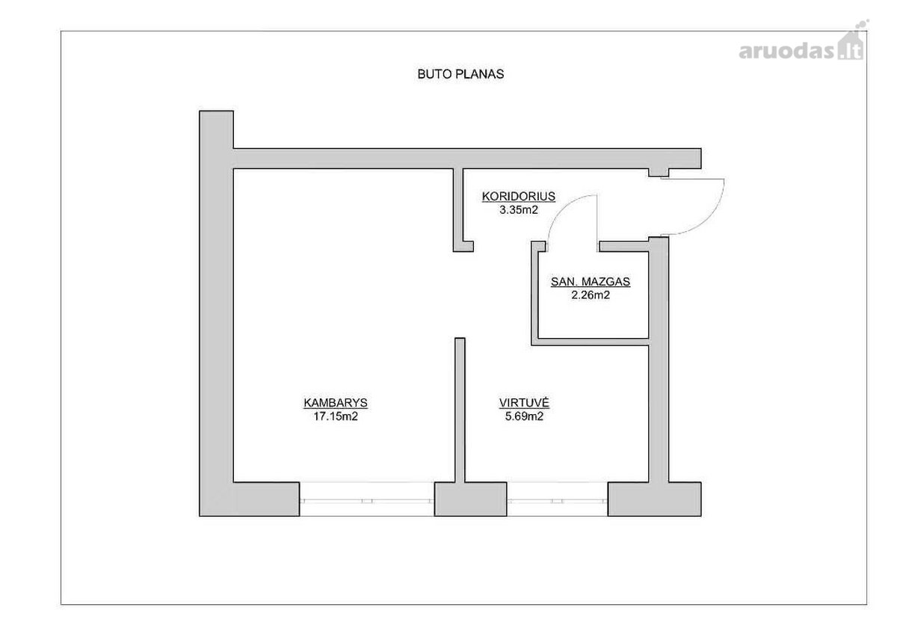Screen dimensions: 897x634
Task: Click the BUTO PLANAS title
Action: [460, 74]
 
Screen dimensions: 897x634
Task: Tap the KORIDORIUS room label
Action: [519, 196]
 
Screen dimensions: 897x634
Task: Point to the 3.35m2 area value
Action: [519, 210]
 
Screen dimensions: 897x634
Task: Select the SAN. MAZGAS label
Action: [591, 282]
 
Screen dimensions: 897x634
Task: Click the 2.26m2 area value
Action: [591, 295]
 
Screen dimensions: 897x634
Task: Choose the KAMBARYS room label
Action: [336, 402]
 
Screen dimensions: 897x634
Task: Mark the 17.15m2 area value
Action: [336, 416]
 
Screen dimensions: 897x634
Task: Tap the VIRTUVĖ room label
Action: [524, 402]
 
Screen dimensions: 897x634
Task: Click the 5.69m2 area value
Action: [524, 416]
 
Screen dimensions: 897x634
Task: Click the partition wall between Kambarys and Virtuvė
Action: [460, 410]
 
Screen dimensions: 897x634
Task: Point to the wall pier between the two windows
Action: [470, 499]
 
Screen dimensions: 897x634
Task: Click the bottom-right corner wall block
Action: [654, 499]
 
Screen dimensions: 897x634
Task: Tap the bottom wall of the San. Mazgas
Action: [591, 342]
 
